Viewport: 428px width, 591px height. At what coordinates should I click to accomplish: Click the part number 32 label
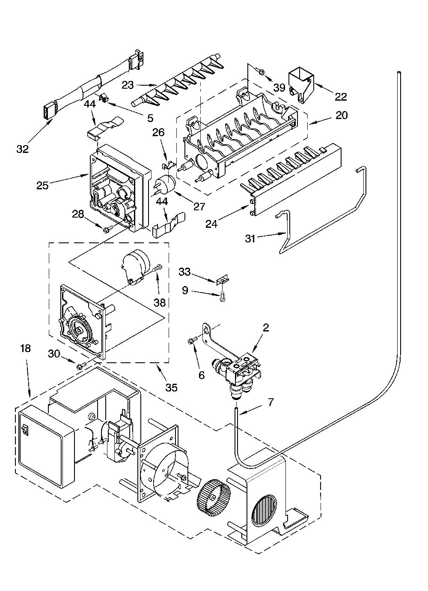click(x=22, y=149)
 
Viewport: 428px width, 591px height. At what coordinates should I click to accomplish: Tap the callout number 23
click(x=128, y=85)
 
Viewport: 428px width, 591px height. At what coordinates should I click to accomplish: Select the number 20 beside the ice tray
click(x=342, y=115)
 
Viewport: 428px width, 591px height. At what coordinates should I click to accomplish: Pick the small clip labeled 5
click(x=103, y=98)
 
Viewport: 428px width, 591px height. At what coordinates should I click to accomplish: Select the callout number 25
click(x=43, y=185)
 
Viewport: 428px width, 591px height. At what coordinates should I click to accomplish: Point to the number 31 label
click(x=250, y=239)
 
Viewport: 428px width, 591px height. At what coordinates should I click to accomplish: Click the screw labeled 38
click(x=157, y=269)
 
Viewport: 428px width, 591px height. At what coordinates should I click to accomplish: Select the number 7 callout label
click(x=271, y=403)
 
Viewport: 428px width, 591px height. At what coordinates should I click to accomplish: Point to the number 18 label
click(x=26, y=349)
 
